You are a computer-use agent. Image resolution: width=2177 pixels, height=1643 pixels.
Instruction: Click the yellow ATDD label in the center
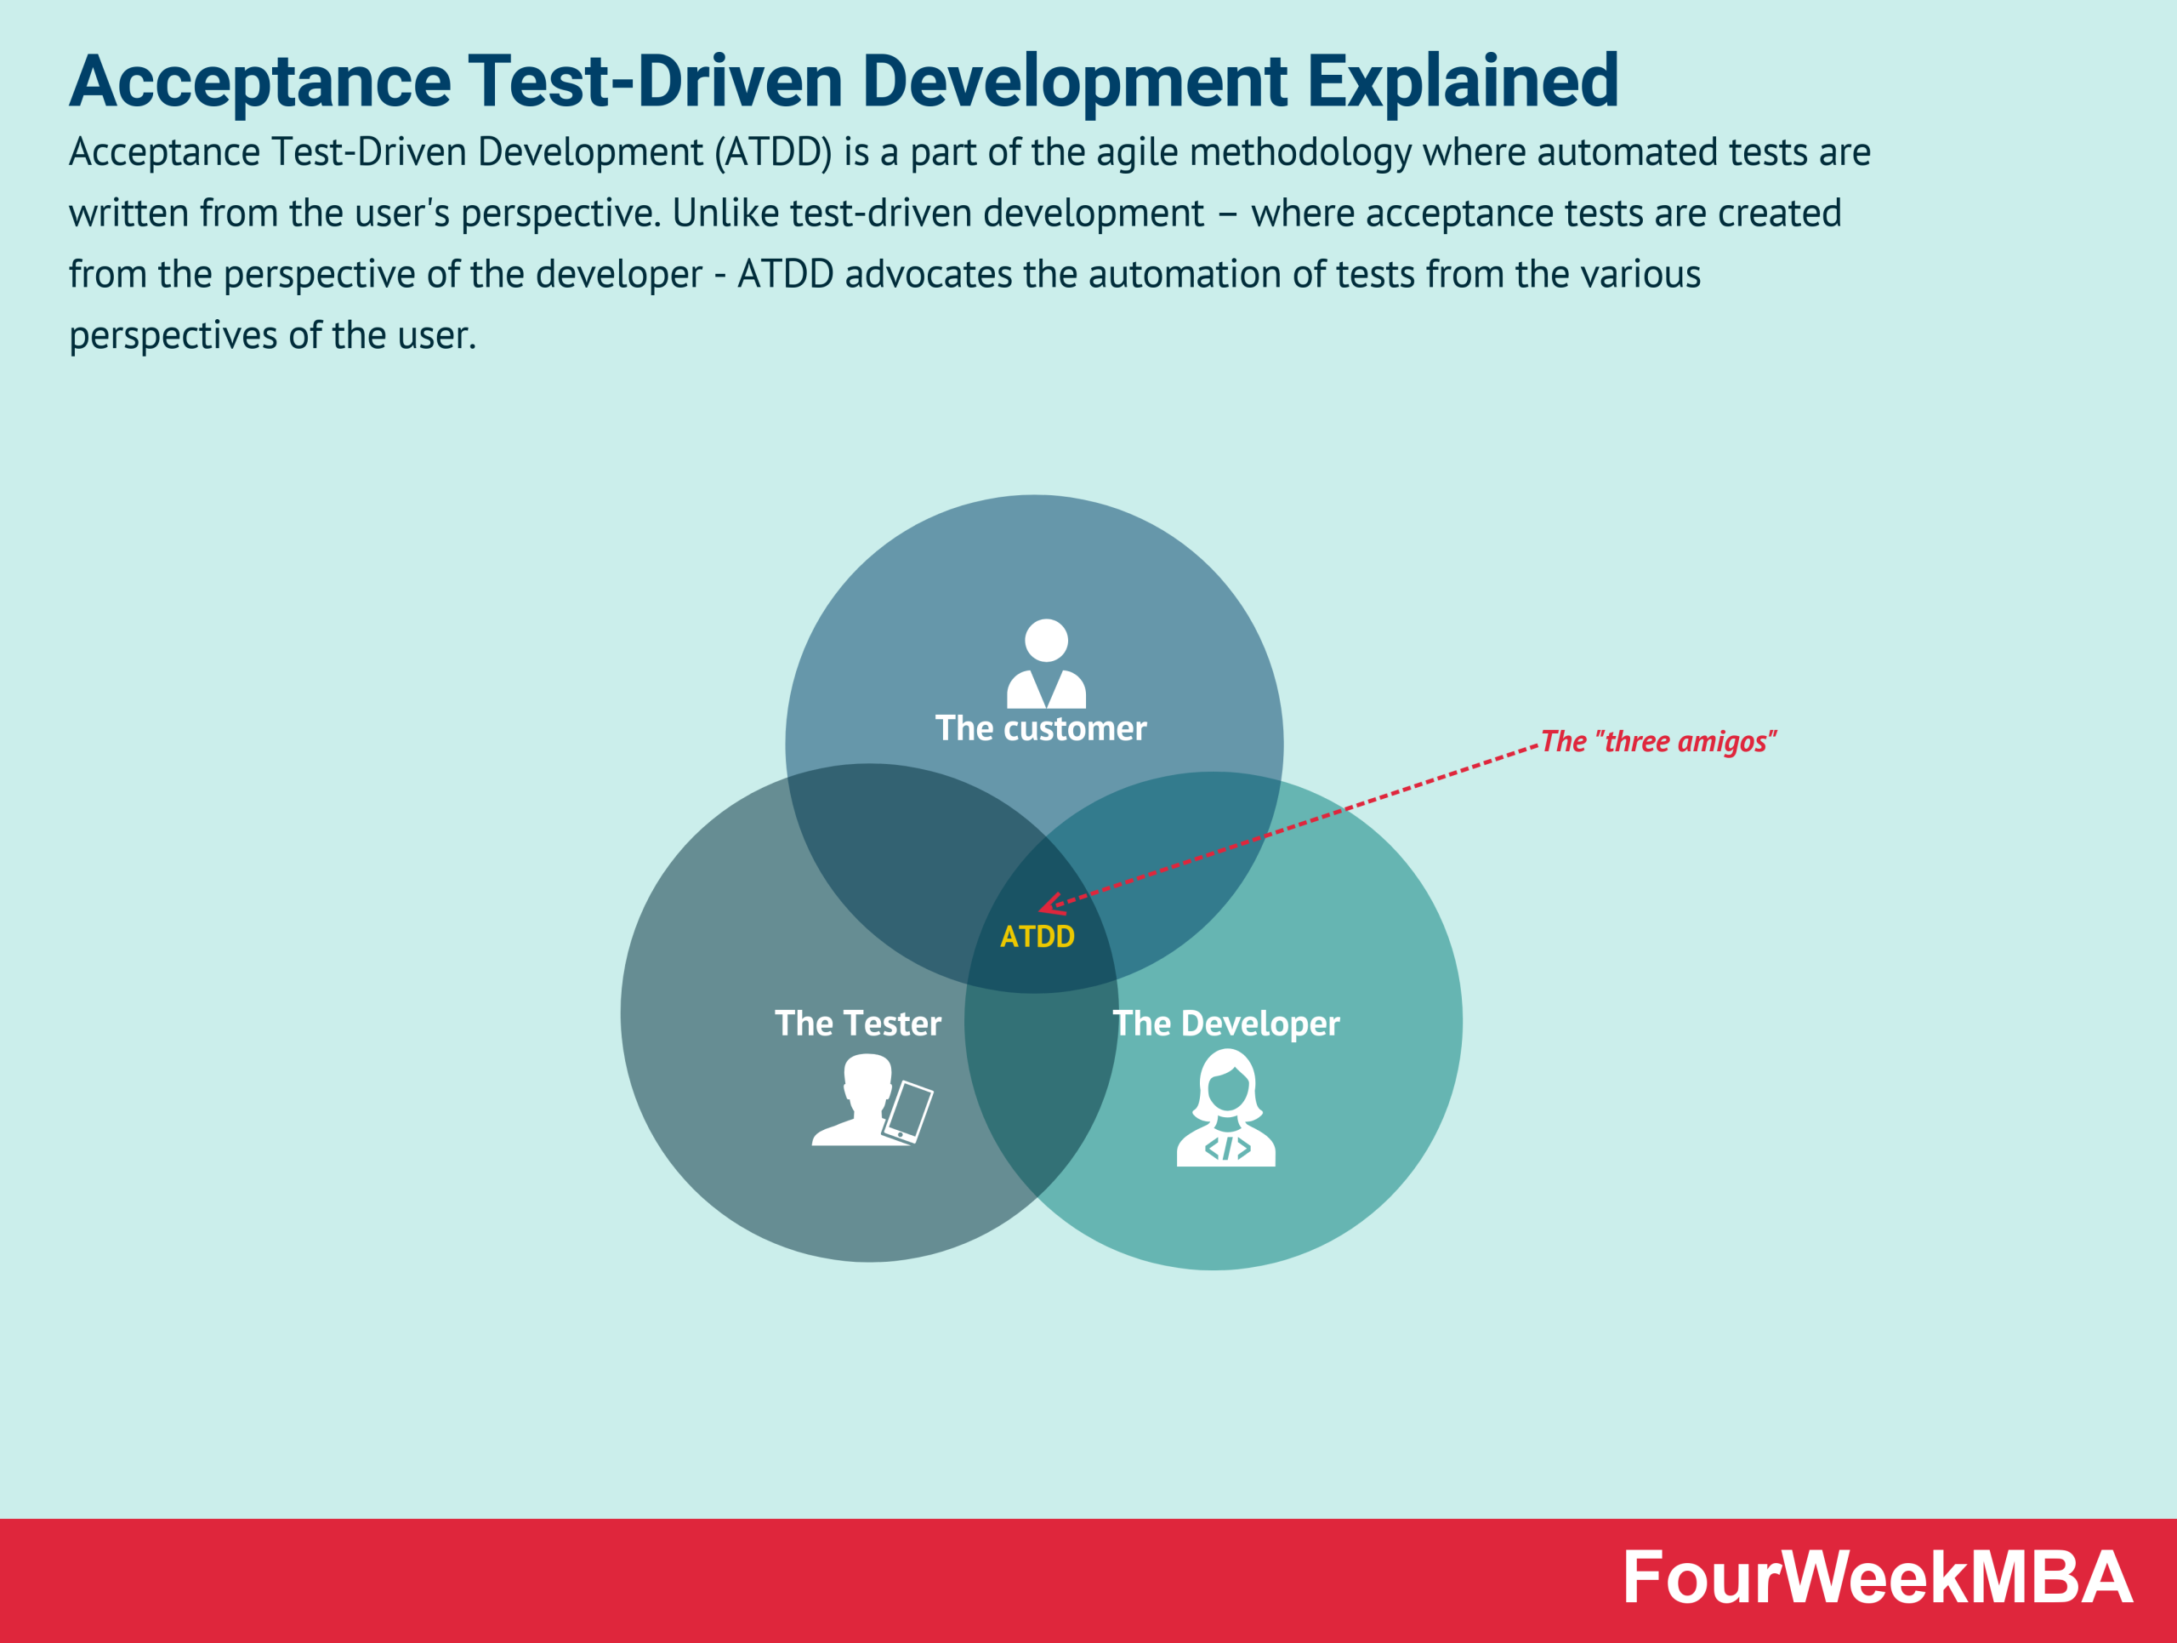[x=1037, y=936]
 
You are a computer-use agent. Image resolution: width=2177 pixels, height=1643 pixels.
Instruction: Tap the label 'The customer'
[x=1040, y=728]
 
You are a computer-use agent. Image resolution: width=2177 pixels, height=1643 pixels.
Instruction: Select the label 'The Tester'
[x=857, y=1024]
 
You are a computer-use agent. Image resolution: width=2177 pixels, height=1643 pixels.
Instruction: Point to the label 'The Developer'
[x=1226, y=1024]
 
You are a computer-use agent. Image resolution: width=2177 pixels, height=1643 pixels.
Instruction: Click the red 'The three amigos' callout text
[x=1657, y=741]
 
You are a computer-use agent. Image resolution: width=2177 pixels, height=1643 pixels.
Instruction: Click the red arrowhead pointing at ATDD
[x=1049, y=904]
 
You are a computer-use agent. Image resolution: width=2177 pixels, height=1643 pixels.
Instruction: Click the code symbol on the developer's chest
[x=1226, y=1148]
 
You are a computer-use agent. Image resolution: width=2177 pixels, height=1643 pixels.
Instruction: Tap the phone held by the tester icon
[x=908, y=1111]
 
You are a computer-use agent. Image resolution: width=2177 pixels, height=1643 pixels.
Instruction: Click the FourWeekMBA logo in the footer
[x=1877, y=1578]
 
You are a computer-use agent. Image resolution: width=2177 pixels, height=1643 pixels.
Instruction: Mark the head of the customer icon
[x=1046, y=640]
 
